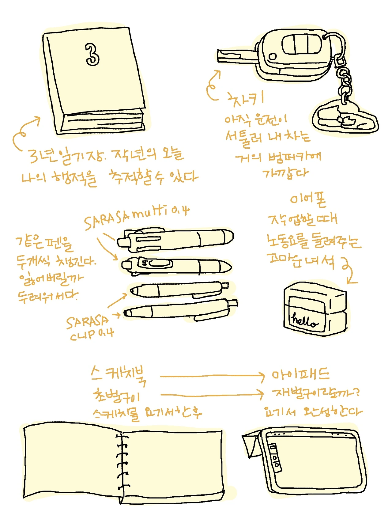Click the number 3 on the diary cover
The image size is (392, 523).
click(92, 55)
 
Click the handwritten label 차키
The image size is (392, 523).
click(245, 99)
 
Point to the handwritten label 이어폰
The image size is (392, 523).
click(308, 199)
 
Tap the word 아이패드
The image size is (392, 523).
click(300, 375)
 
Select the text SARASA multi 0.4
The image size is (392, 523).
click(137, 216)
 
